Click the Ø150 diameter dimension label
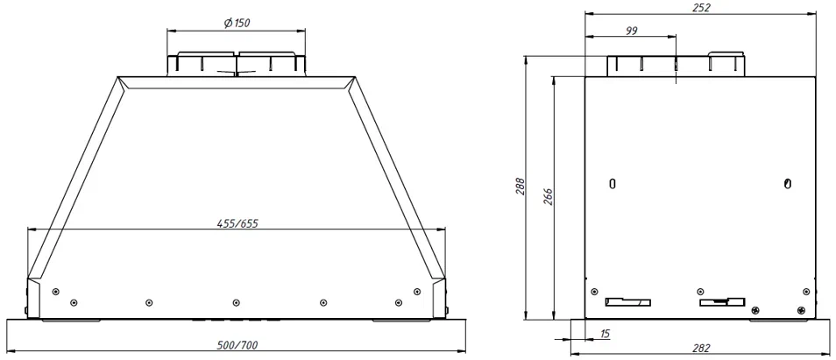[x=236, y=23]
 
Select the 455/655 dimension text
[x=237, y=223]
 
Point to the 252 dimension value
[x=701, y=7]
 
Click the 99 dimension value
[x=630, y=30]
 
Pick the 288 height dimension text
[x=518, y=188]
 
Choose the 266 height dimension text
[x=548, y=197]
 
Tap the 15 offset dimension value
[x=606, y=334]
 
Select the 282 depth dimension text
[x=701, y=349]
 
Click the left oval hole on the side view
[x=613, y=184]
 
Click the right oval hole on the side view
[x=788, y=184]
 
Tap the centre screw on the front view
[x=236, y=302]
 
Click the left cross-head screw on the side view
[x=756, y=308]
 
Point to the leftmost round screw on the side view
[x=595, y=292]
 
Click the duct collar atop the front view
[x=236, y=65]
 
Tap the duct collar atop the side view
[x=677, y=66]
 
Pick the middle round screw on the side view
[x=700, y=292]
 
